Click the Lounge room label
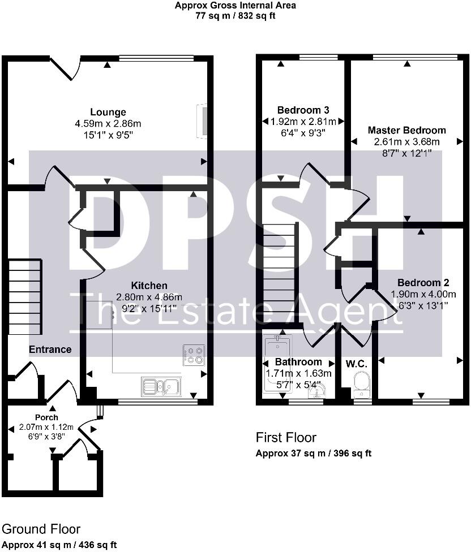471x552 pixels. [x=108, y=112]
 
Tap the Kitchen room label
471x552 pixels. [x=149, y=285]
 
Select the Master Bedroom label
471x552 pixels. [x=407, y=130]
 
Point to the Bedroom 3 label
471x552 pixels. [x=303, y=110]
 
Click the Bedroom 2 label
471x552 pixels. [x=423, y=283]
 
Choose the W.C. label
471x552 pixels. [x=357, y=364]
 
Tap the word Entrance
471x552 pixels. [x=50, y=349]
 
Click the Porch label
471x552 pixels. [x=46, y=417]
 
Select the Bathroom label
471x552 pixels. [x=298, y=362]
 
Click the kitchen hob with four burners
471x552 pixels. [x=194, y=355]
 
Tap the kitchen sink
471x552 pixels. [x=161, y=387]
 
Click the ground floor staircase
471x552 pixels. [x=25, y=297]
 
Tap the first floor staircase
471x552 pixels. [x=279, y=272]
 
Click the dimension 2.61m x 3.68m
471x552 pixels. [x=407, y=142]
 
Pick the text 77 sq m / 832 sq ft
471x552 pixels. [x=236, y=16]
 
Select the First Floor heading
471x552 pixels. [x=286, y=438]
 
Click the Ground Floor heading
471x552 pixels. [x=41, y=529]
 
